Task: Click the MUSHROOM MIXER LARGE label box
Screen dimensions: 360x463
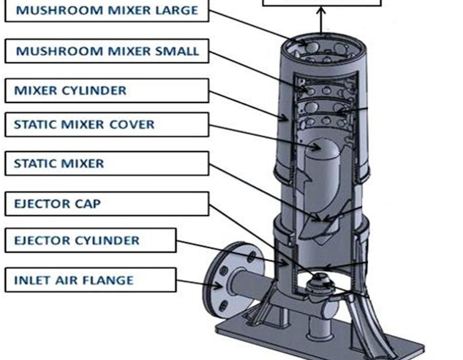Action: click(x=106, y=11)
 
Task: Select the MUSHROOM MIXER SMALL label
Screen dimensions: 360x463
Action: click(x=106, y=51)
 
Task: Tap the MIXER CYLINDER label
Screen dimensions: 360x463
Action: click(x=106, y=91)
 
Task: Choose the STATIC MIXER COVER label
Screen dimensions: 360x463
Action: click(x=106, y=124)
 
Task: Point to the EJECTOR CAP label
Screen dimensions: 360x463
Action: click(x=106, y=204)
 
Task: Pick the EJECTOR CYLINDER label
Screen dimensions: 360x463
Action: click(x=90, y=241)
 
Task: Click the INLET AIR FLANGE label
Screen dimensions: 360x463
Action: click(x=90, y=281)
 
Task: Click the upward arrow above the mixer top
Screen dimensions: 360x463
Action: click(x=321, y=21)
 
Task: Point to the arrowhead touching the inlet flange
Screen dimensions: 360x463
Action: click(x=219, y=285)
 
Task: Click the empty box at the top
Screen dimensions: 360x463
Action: click(x=322, y=3)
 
